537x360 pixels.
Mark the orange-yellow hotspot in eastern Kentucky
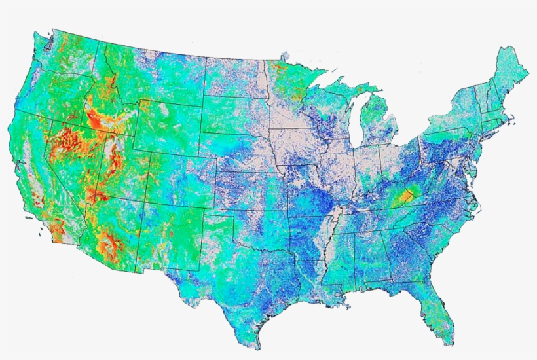(x=407, y=195)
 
